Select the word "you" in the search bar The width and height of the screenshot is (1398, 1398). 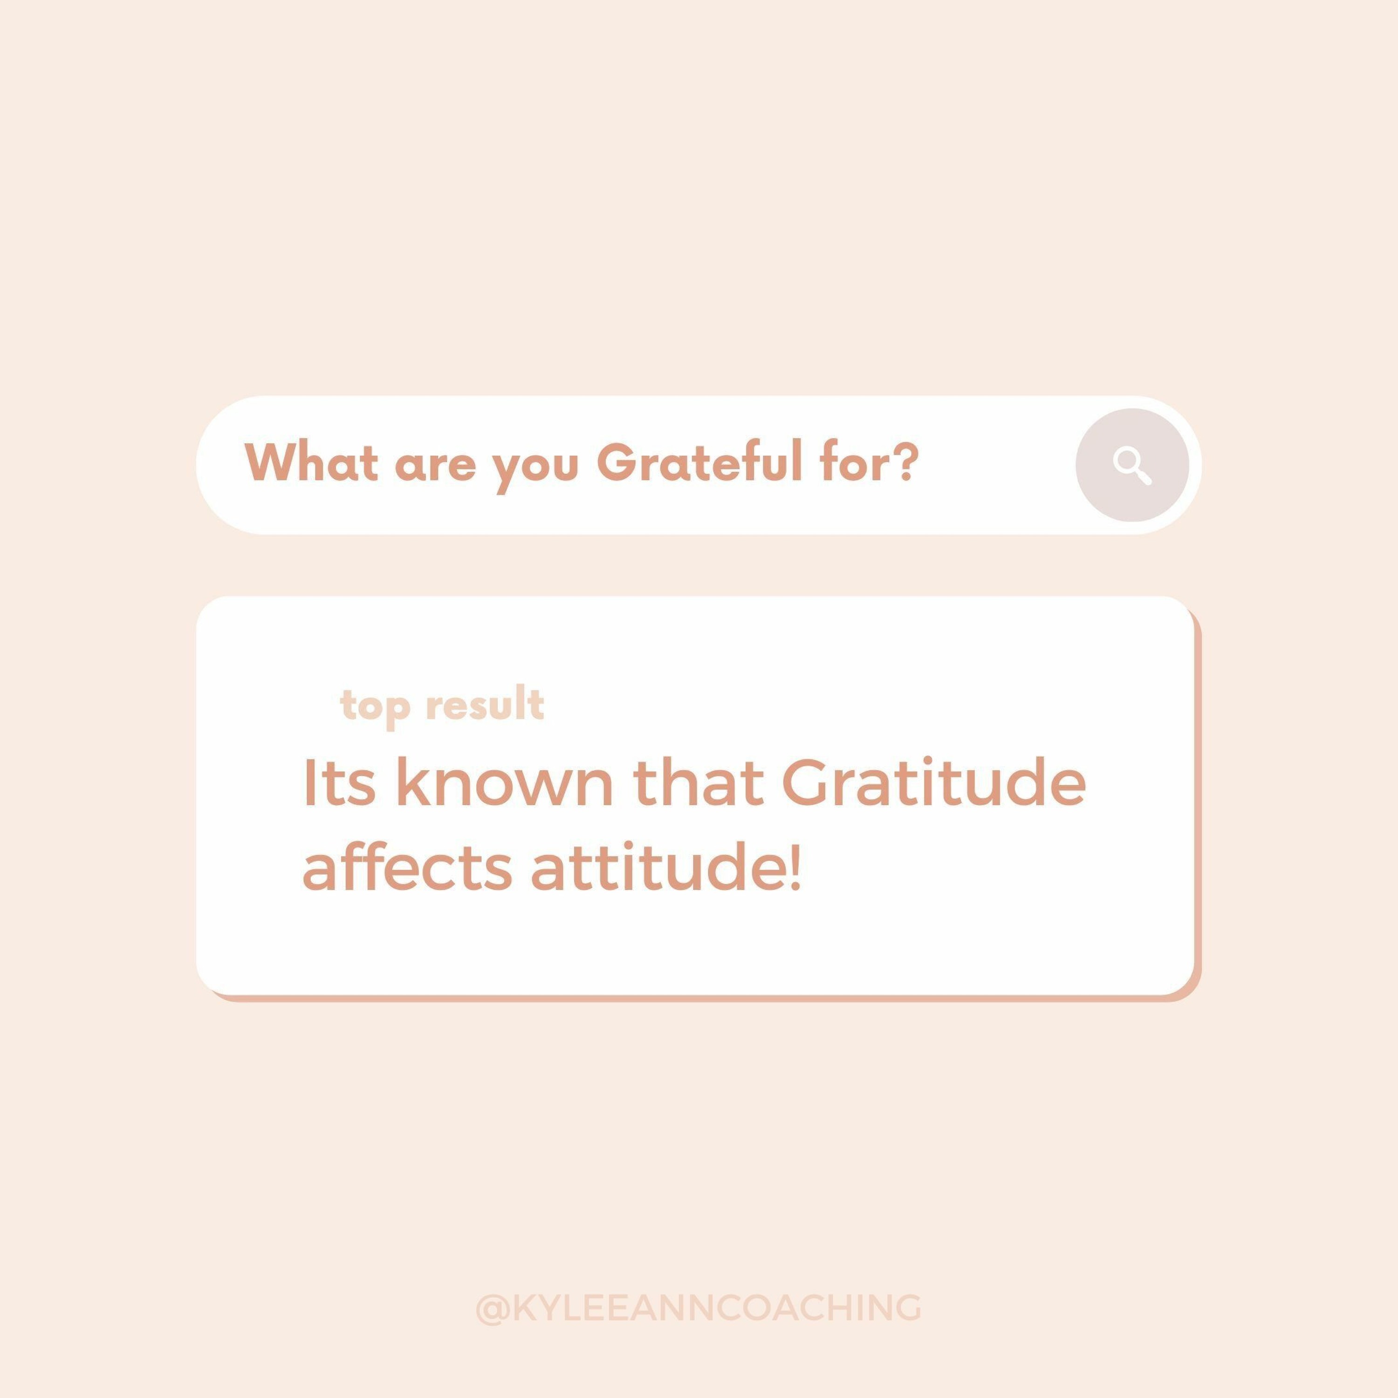click(x=536, y=472)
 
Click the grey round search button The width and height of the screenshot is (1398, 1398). click(x=1132, y=465)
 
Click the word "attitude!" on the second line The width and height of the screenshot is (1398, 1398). click(x=666, y=865)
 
